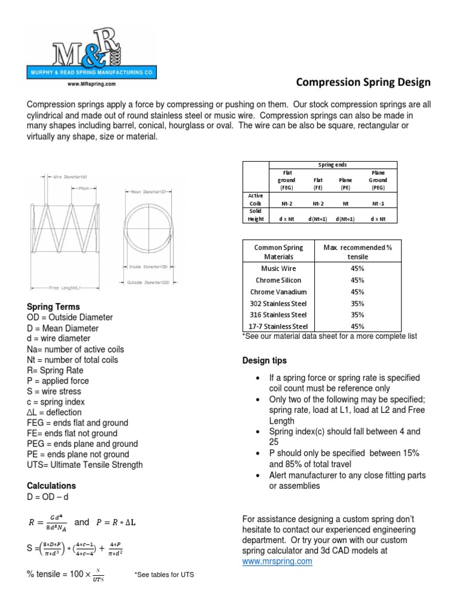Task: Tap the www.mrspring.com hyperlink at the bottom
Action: (277, 561)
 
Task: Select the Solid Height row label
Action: (255, 215)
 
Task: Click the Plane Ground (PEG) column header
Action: (377, 180)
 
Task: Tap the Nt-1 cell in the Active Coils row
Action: (377, 203)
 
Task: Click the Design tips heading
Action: (264, 360)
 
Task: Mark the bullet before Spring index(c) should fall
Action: (256, 431)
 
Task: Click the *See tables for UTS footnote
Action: (165, 574)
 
